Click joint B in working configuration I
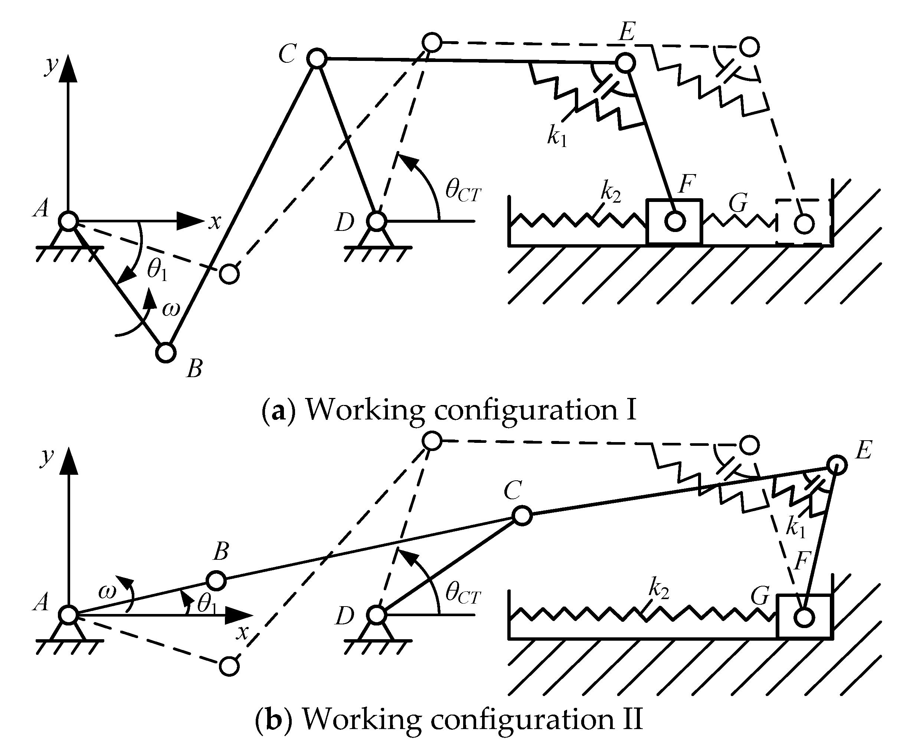click(166, 352)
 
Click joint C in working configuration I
click(317, 58)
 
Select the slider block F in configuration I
click(674, 222)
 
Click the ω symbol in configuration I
click(171, 309)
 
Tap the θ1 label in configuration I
click(157, 270)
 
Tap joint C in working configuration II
click(522, 515)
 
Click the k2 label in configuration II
click(659, 589)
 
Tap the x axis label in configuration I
click(215, 222)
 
